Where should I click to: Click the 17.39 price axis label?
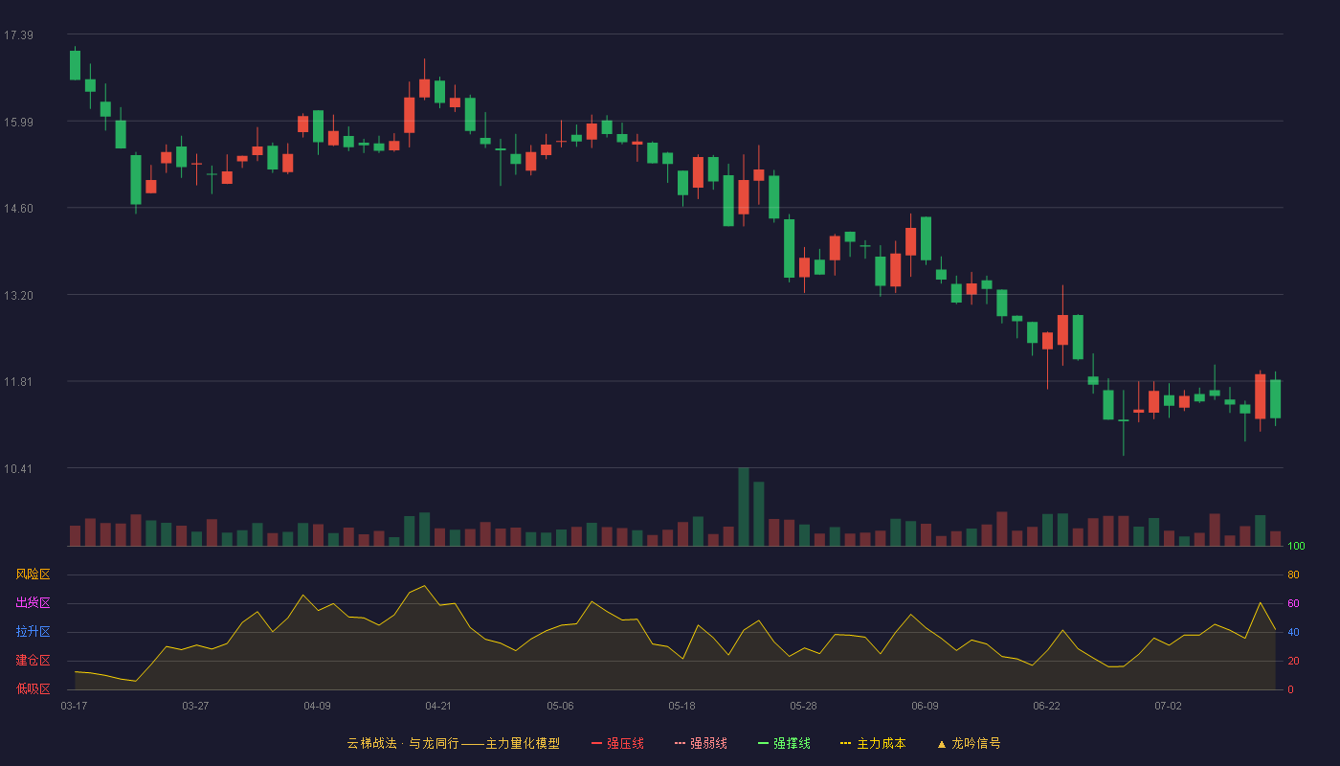point(18,35)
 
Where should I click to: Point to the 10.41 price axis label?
point(18,468)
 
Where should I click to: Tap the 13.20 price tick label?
point(18,296)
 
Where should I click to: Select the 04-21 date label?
point(438,707)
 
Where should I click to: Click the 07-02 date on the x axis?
point(1168,707)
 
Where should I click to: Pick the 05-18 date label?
point(681,707)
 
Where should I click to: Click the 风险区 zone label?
point(33,574)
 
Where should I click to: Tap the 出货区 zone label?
point(33,602)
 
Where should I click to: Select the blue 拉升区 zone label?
point(33,631)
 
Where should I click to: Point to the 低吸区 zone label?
point(33,688)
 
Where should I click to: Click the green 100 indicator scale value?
point(1296,546)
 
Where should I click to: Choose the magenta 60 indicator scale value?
point(1293,603)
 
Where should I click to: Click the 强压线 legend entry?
point(617,743)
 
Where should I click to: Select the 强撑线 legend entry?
point(784,743)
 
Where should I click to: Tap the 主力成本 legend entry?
point(873,743)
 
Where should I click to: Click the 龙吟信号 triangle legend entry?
point(969,743)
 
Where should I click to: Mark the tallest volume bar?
point(744,507)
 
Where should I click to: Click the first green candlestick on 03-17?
point(75,65)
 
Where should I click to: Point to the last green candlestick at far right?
point(1275,398)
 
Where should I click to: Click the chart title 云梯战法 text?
point(371,743)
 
